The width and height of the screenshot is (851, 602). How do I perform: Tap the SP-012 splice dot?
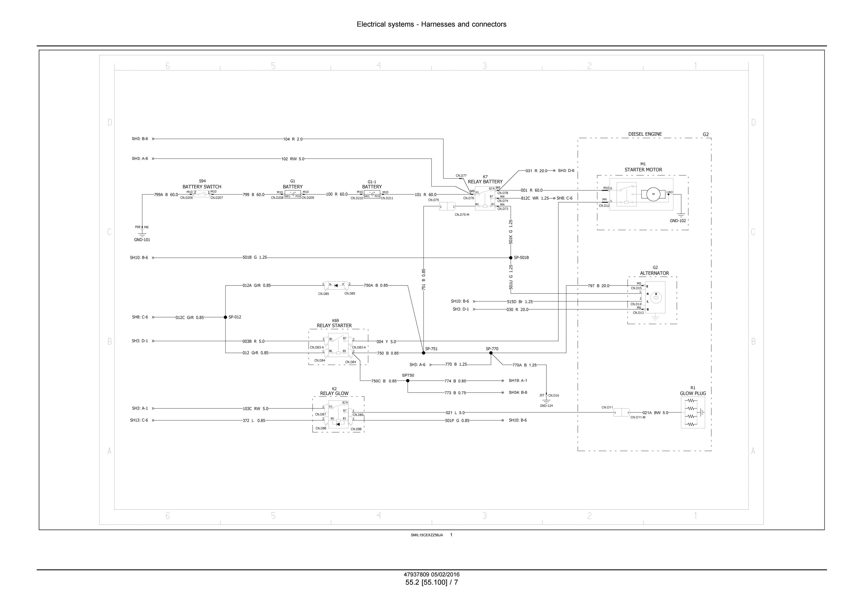[x=225, y=317]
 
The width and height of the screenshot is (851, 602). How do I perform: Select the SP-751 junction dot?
[x=424, y=353]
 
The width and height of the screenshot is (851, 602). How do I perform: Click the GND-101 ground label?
[x=142, y=240]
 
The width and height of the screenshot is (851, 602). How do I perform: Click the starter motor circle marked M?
[x=654, y=194]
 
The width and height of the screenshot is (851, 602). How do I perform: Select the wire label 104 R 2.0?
[x=293, y=139]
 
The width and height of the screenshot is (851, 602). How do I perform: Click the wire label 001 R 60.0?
[x=532, y=190]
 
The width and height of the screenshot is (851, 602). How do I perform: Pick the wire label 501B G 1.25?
[x=255, y=257]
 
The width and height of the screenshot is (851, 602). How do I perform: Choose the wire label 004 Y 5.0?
[x=386, y=342]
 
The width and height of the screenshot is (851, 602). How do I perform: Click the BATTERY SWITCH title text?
[x=202, y=187]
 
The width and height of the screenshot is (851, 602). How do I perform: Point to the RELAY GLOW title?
[x=334, y=394]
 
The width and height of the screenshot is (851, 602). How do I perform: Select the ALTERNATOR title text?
[x=654, y=273]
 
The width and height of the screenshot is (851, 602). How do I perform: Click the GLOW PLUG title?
[x=693, y=394]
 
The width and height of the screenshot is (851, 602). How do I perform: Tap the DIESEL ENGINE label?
[x=645, y=134]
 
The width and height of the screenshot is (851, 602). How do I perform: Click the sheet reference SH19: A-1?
[x=518, y=381]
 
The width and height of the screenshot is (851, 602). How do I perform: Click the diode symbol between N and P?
[x=336, y=285]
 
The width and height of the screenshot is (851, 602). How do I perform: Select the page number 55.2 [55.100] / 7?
[x=431, y=582]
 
